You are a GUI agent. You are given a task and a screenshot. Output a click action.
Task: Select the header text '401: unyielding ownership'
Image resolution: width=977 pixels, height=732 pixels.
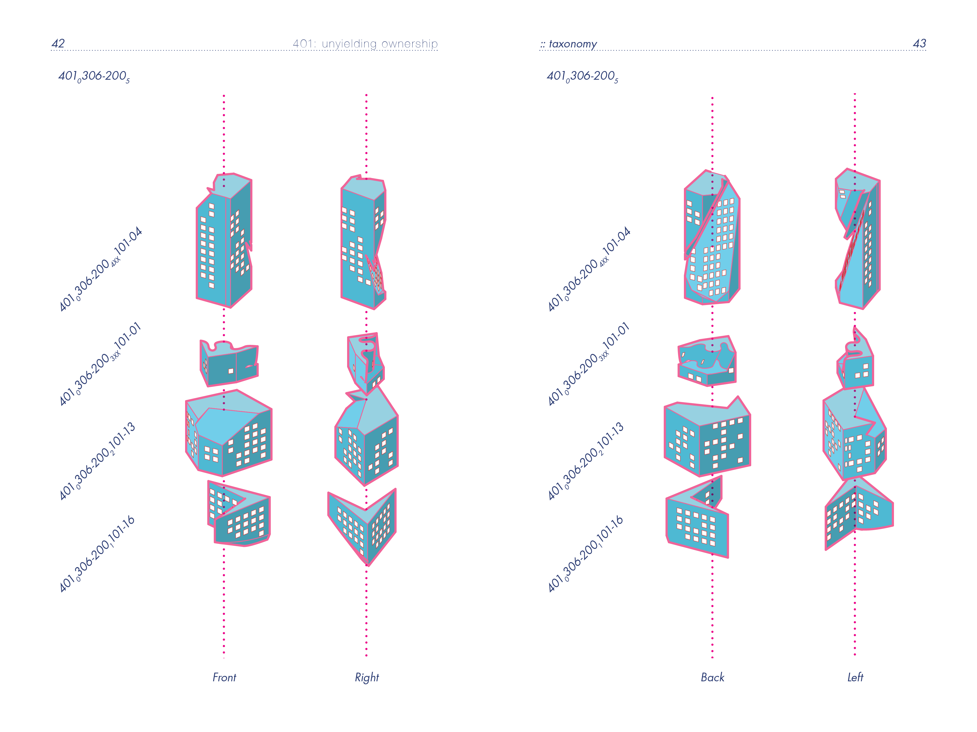pyautogui.click(x=365, y=44)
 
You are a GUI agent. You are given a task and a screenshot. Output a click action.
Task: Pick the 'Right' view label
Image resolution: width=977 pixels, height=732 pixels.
pyautogui.click(x=367, y=677)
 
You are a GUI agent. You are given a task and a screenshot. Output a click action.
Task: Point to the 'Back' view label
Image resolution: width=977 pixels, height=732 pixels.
pyautogui.click(x=712, y=677)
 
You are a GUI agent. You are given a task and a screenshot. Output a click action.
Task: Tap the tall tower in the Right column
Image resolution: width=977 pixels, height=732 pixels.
pyautogui.click(x=362, y=243)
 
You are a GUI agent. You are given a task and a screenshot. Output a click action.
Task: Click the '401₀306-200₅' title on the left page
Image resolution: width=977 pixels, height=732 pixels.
pyautogui.click(x=94, y=76)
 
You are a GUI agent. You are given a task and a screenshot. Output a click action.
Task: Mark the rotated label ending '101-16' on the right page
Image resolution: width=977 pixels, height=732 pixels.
pyautogui.click(x=585, y=554)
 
